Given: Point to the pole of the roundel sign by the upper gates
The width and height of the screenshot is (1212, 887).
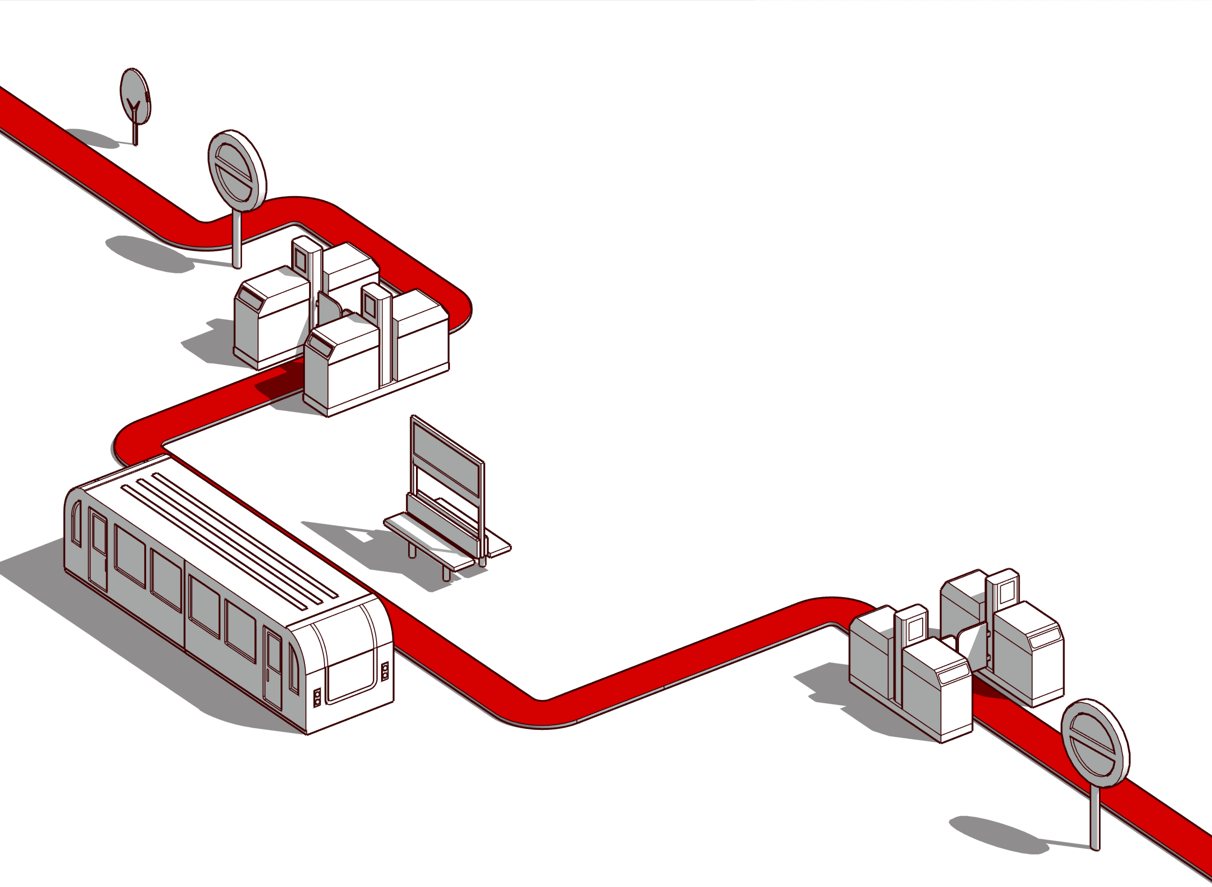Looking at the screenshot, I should coord(237,239).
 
